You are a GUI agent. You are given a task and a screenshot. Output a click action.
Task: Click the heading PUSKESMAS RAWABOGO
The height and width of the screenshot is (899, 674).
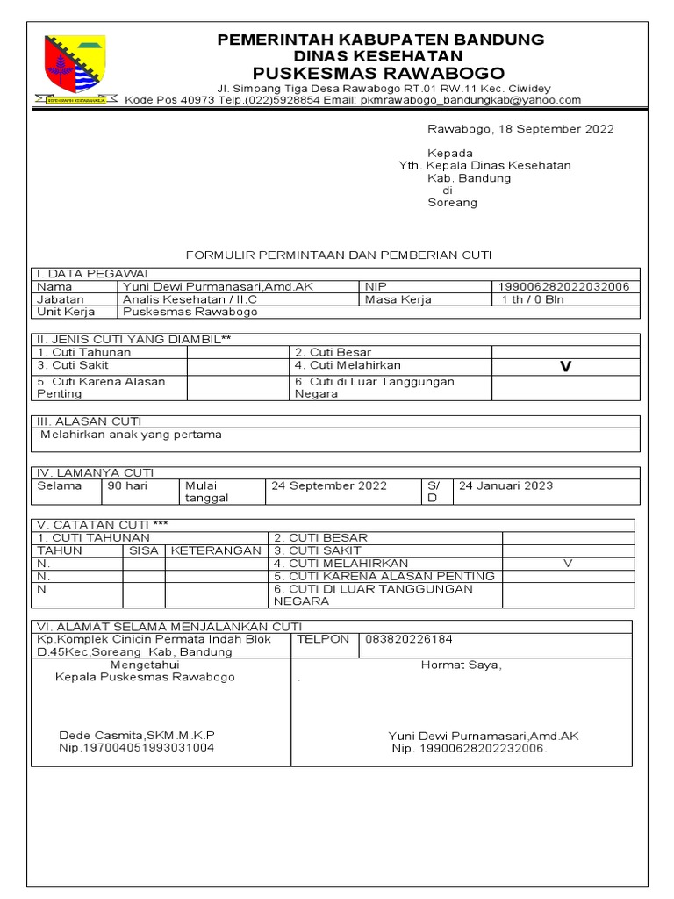380,72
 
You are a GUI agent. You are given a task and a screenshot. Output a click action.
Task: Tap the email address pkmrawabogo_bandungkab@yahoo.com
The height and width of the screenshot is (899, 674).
470,100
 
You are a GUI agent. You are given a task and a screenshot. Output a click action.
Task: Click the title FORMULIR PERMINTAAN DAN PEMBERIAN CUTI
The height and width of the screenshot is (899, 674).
339,255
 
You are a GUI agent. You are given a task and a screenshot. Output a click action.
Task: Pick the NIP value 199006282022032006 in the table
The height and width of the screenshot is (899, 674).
563,287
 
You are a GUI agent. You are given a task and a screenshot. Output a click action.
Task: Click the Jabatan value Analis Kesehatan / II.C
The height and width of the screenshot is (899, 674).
184,299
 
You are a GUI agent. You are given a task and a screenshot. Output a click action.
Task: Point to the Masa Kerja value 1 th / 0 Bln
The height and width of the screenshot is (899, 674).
533,299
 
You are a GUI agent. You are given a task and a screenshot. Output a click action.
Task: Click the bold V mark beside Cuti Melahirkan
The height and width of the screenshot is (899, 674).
565,367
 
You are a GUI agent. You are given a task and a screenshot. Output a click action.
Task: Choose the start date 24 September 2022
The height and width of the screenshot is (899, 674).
329,485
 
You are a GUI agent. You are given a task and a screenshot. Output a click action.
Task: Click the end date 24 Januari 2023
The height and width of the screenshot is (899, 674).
506,485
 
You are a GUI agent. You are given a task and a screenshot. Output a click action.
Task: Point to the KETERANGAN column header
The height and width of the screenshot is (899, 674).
216,550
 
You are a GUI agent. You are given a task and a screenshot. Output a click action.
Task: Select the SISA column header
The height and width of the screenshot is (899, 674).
144,550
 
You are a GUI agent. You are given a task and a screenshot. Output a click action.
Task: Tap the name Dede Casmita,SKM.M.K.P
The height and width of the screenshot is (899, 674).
137,735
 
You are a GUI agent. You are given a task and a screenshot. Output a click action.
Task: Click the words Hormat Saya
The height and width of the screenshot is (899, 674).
462,665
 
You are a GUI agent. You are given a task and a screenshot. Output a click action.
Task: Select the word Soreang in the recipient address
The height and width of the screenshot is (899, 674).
452,203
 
